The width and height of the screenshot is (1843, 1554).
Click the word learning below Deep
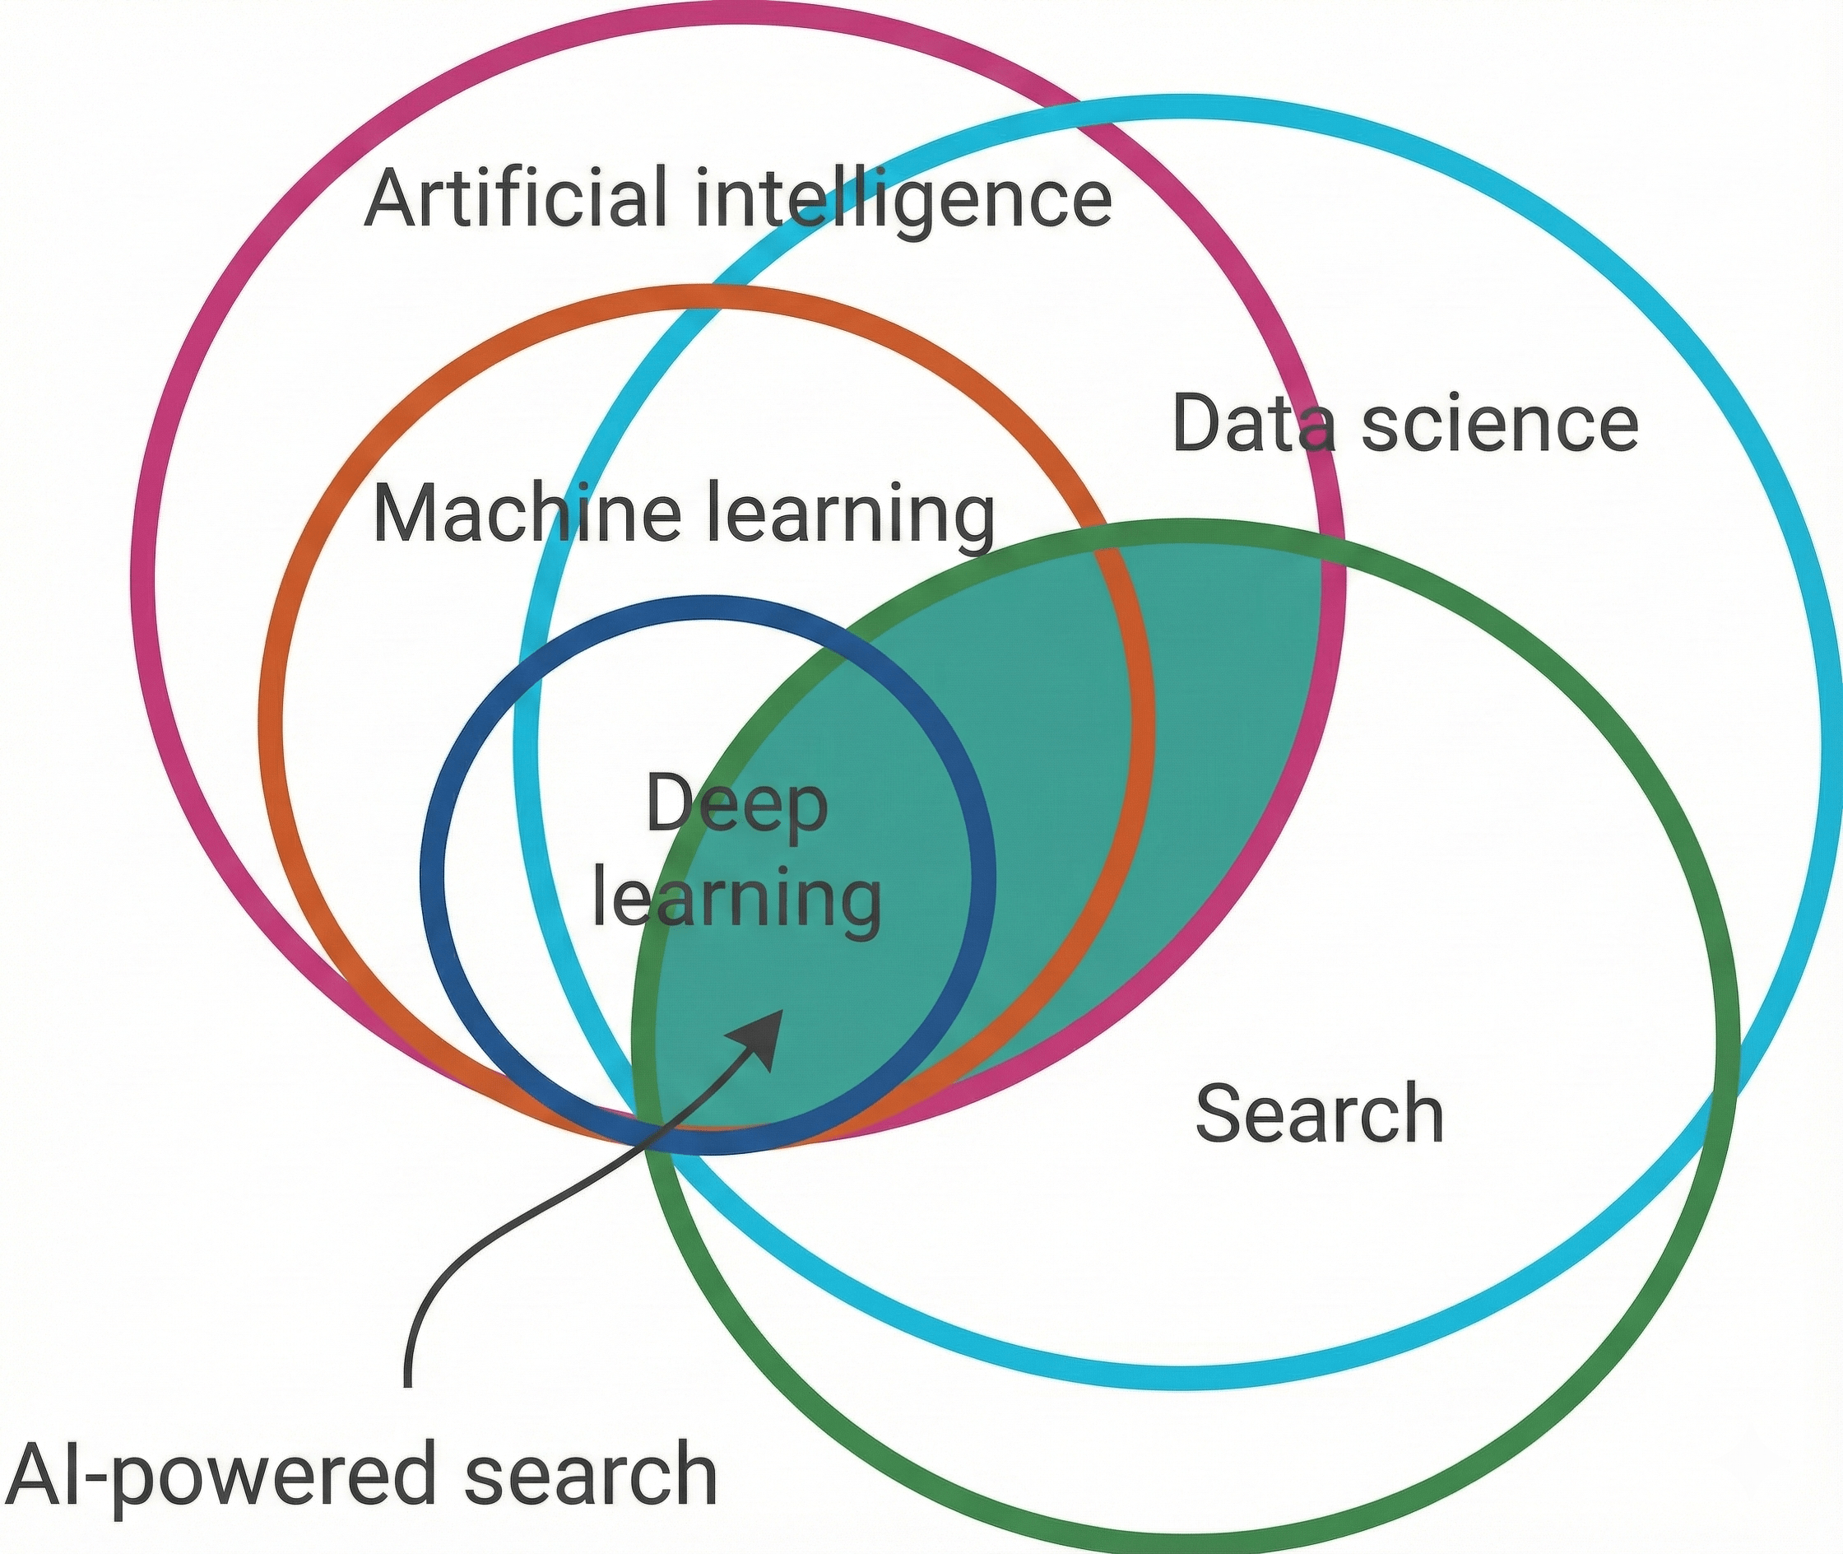[736, 900]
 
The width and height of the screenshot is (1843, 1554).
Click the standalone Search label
[1319, 1114]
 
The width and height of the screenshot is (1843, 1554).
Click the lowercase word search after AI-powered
[590, 1472]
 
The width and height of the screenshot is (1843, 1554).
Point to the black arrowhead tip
[780, 1012]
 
